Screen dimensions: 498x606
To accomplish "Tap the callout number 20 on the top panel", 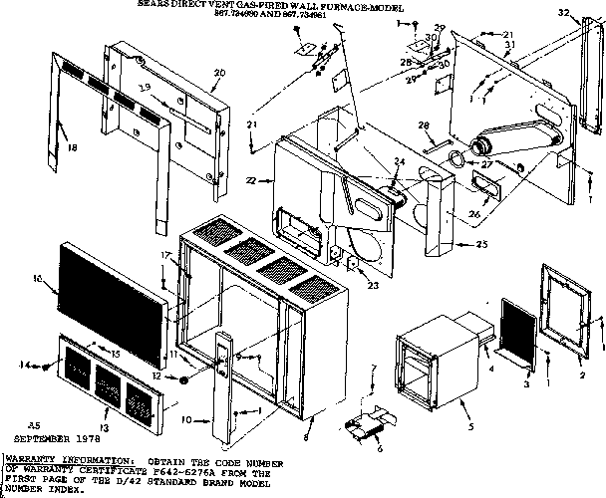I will pyautogui.click(x=219, y=73).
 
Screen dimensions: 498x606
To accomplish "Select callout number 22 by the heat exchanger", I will pyautogui.click(x=252, y=180).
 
